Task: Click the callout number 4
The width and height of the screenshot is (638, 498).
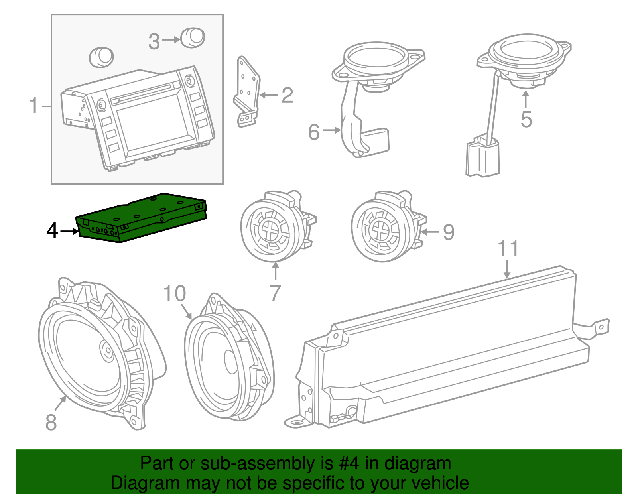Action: click(52, 230)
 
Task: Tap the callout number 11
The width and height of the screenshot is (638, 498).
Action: click(508, 248)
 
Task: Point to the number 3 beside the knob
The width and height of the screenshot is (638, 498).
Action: click(154, 41)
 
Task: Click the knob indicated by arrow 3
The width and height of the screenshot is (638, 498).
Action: click(193, 38)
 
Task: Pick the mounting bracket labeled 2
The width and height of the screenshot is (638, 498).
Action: click(246, 92)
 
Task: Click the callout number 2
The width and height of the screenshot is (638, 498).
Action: click(287, 96)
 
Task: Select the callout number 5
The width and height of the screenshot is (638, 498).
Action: click(526, 120)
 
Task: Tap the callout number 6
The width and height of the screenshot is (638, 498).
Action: click(314, 132)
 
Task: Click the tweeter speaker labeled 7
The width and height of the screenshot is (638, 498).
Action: click(275, 226)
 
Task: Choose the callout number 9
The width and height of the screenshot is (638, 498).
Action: click(449, 232)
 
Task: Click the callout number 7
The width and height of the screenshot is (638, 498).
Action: click(275, 293)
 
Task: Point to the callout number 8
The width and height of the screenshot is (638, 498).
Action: click(51, 422)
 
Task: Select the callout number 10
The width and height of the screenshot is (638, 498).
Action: click(175, 294)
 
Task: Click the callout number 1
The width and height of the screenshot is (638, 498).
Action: click(35, 106)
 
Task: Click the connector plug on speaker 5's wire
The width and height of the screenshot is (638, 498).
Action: click(482, 157)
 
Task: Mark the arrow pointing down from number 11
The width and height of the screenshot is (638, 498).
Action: click(507, 269)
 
